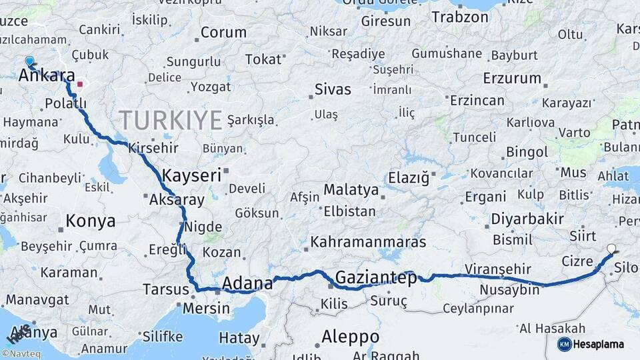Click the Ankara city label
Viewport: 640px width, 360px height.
47,75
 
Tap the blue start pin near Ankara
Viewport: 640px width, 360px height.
29,61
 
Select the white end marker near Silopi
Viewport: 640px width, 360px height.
611,249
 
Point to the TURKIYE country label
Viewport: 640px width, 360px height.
170,121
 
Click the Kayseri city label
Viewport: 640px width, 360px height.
191,175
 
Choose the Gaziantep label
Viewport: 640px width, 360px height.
376,277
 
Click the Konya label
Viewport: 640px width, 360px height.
91,221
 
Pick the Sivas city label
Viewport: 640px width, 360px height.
333,89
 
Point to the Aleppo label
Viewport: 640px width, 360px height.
350,337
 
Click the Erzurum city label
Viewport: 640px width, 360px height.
511,78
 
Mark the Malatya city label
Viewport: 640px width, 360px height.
351,190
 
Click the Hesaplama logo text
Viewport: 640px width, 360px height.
599,344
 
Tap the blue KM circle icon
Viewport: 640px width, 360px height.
564,344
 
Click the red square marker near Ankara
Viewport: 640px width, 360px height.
80,85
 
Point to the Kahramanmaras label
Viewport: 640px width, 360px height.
368,242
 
